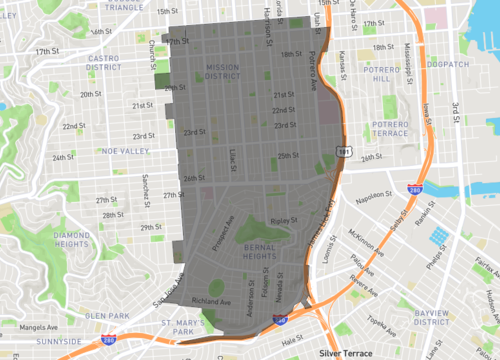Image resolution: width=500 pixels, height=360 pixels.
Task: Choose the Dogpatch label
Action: coord(446,65)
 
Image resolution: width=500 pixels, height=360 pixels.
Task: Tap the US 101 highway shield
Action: coord(343,150)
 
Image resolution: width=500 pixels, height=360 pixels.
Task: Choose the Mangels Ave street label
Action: coord(23,324)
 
